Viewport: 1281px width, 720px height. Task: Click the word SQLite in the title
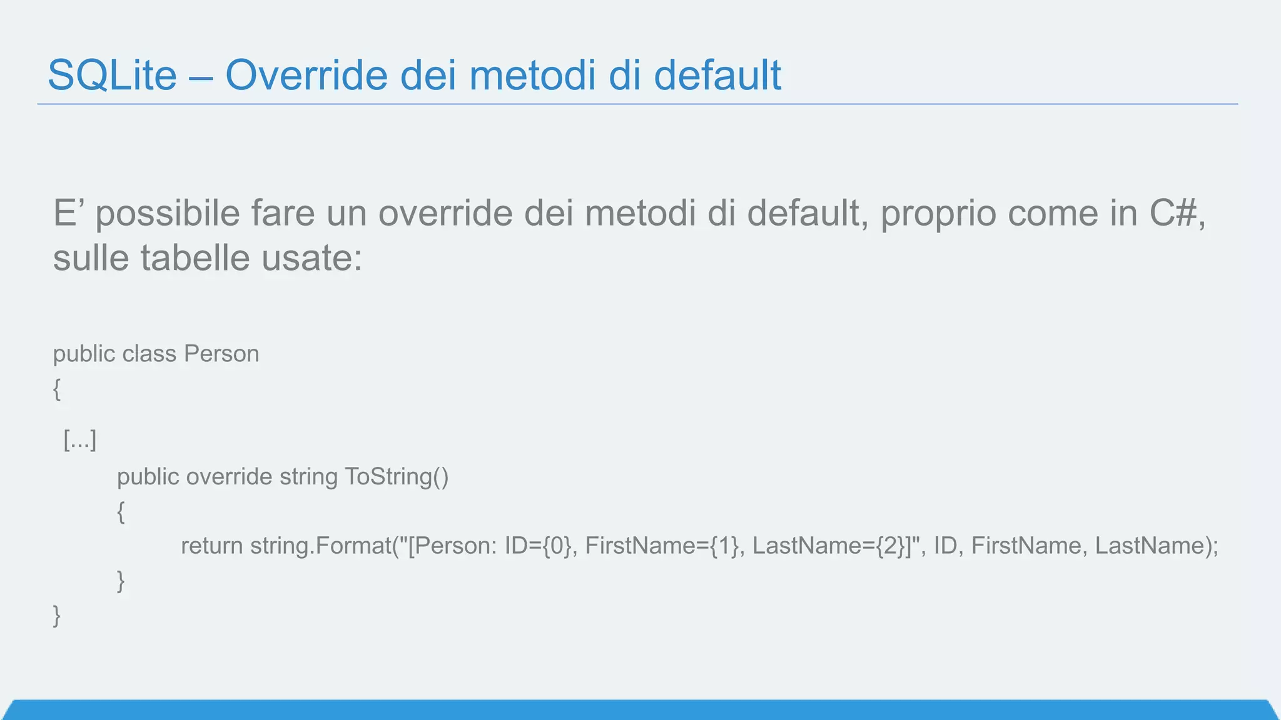pyautogui.click(x=113, y=75)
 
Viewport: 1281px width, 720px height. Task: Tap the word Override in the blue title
pyautogui.click(x=306, y=75)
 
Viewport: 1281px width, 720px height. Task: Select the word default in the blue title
pyautogui.click(x=717, y=75)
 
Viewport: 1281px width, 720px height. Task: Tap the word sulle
pyautogui.click(x=91, y=257)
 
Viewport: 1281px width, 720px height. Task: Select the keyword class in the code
pyautogui.click(x=149, y=354)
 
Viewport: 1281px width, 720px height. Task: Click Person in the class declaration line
pyautogui.click(x=221, y=354)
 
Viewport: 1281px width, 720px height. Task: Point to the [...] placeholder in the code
pyautogui.click(x=80, y=440)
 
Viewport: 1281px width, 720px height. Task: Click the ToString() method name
pyautogui.click(x=397, y=477)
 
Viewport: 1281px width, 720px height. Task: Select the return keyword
pyautogui.click(x=212, y=546)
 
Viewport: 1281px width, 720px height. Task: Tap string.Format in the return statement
pyautogui.click(x=321, y=546)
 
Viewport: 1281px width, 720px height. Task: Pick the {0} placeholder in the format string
pyautogui.click(x=557, y=546)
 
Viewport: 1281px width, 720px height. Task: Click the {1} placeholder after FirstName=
pyautogui.click(x=724, y=546)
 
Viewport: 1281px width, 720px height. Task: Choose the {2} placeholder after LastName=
pyautogui.click(x=890, y=546)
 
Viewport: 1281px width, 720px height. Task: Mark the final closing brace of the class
pyautogui.click(x=57, y=616)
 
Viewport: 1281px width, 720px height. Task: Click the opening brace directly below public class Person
pyautogui.click(x=57, y=389)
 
